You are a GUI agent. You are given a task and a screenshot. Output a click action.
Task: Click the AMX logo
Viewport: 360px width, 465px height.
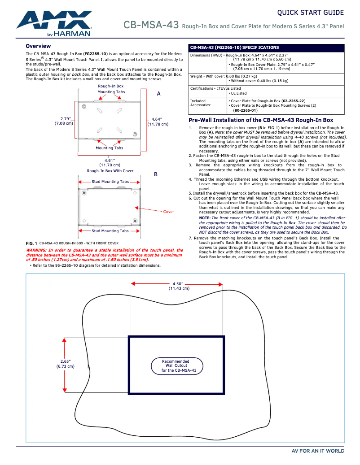54,23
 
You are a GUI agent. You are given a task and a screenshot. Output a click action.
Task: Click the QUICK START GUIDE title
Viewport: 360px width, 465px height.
310,13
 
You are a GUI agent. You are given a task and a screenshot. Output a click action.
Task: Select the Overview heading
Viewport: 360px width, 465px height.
38,46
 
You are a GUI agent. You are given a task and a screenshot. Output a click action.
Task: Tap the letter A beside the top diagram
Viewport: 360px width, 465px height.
158,94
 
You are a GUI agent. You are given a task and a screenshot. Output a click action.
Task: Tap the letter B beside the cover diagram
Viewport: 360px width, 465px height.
156,174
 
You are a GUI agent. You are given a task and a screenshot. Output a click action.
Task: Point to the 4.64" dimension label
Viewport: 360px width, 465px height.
157,119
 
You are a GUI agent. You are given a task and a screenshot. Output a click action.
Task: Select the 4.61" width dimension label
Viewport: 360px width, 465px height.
110,160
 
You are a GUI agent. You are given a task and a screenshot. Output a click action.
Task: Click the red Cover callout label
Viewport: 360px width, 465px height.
168,212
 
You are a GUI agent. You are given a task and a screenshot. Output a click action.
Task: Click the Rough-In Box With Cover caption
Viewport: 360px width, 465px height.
110,171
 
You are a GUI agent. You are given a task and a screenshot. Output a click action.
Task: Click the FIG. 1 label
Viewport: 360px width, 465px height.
32,243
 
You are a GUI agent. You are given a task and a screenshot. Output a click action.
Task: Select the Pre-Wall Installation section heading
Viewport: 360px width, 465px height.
261,120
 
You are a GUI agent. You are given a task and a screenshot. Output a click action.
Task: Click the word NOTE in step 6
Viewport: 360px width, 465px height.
204,217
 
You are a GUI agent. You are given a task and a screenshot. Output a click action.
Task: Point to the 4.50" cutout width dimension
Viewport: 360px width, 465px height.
178,284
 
